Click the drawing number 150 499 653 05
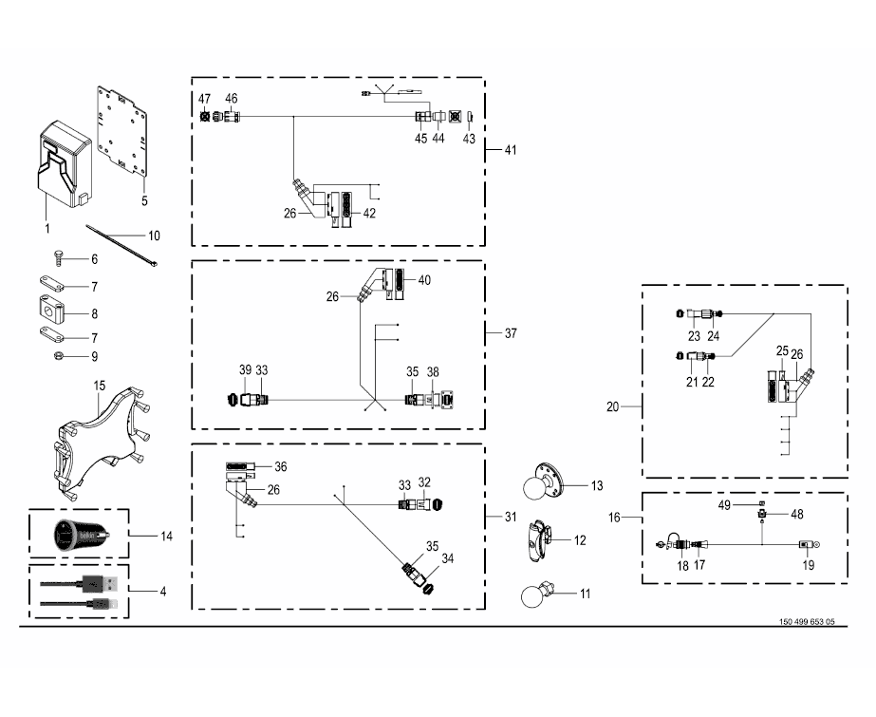click(x=807, y=622)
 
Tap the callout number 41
click(x=511, y=151)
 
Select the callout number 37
click(x=511, y=333)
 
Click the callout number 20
click(x=612, y=406)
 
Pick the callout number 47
click(x=205, y=100)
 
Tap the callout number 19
click(x=809, y=564)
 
